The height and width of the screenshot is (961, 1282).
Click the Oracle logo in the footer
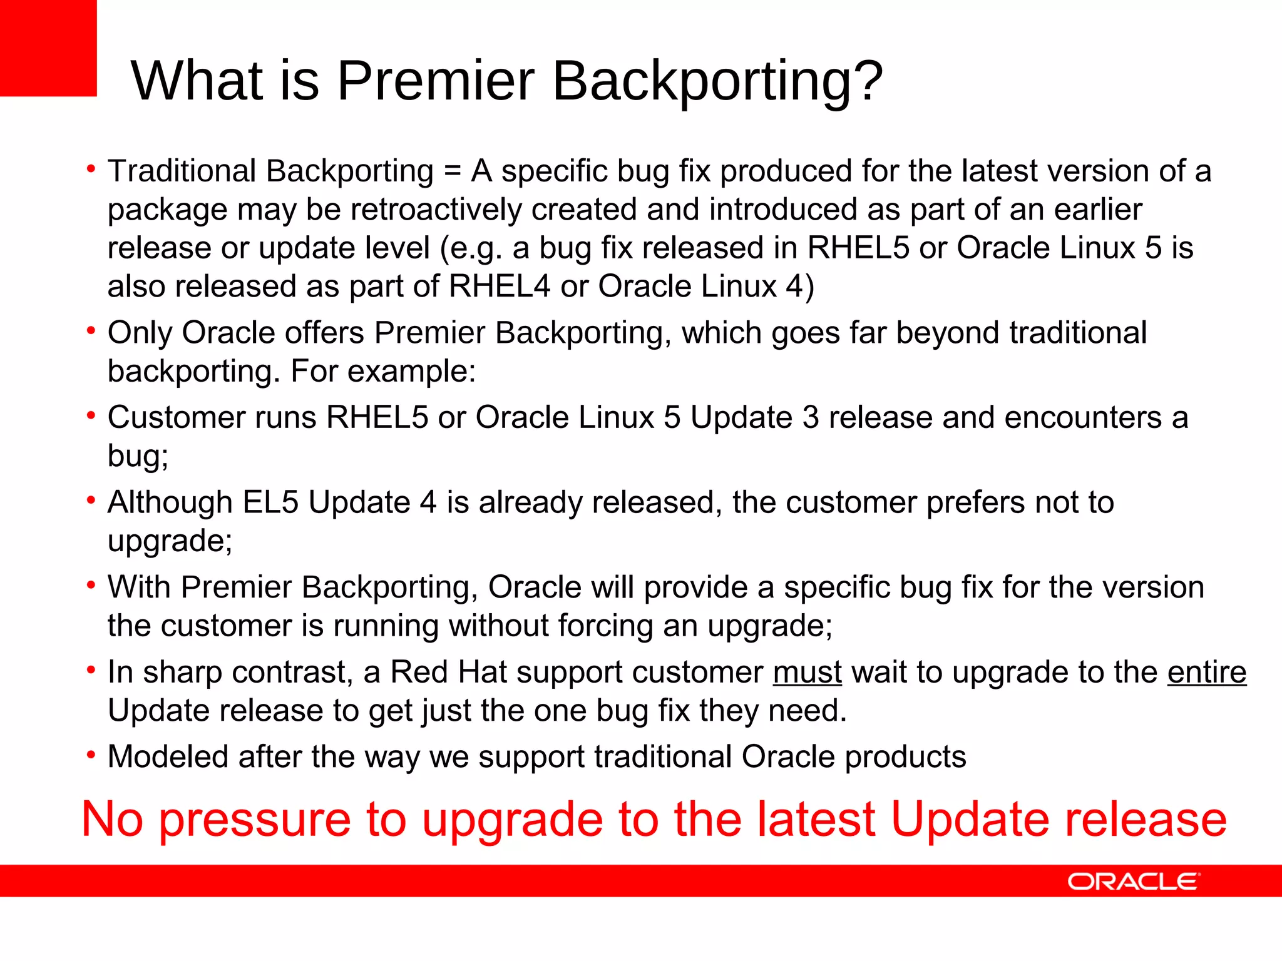tap(1134, 882)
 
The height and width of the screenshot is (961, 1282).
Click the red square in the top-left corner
tap(48, 48)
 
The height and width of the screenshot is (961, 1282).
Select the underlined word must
tap(807, 673)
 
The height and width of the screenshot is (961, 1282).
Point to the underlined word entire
tap(1206, 673)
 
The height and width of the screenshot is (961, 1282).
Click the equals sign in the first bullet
tap(452, 171)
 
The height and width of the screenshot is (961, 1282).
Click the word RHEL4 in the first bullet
tap(500, 287)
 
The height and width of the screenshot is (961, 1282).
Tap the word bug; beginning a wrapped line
tap(138, 456)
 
